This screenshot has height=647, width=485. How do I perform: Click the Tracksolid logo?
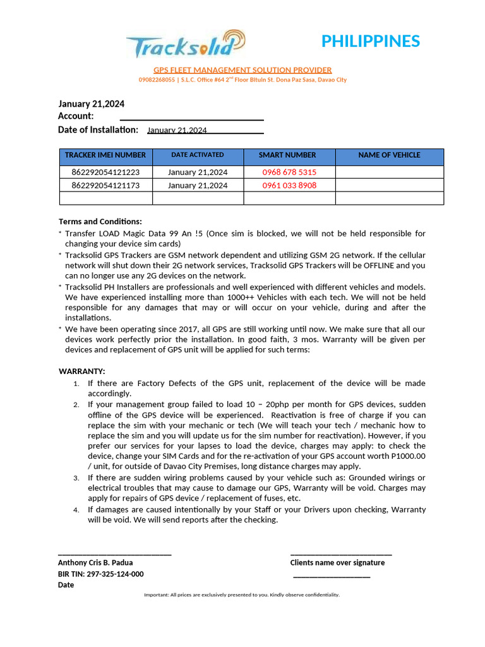184,45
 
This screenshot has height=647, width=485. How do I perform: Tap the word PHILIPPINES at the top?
370,41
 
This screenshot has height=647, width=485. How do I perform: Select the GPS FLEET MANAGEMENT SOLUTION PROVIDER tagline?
242,70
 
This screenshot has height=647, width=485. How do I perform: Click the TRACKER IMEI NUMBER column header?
105,155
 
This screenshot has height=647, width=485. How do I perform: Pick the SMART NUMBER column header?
287,155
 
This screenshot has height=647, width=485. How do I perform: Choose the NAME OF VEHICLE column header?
389,155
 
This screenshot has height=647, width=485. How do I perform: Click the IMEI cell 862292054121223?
105,172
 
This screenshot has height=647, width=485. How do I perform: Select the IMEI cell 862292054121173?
105,185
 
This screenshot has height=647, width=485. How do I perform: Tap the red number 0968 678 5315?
289,172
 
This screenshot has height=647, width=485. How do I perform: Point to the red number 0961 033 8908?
289,185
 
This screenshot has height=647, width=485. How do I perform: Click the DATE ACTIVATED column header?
198,155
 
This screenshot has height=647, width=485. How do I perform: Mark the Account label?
76,116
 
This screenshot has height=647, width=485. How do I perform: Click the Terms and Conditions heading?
100,221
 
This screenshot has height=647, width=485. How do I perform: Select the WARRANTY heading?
82,371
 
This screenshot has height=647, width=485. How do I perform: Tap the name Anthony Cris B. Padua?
95,562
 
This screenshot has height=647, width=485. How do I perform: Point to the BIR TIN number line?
101,574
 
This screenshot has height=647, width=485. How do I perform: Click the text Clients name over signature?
337,562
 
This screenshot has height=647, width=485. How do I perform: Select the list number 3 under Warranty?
76,478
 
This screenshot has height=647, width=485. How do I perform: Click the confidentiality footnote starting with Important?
242,595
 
